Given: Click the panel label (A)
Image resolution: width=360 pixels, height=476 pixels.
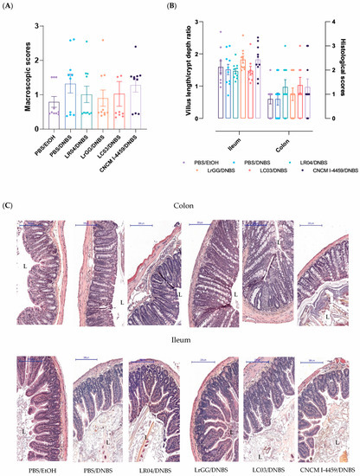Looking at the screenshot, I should pos(13,8).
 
